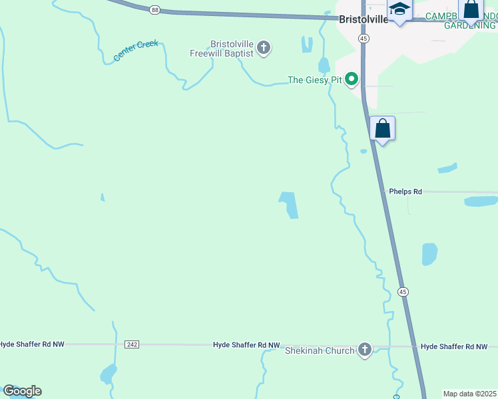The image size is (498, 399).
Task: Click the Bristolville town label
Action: (363, 19)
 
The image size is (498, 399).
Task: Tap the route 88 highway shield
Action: (154, 9)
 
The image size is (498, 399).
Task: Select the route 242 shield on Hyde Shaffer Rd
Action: (132, 344)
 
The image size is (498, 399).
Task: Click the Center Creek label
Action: (136, 51)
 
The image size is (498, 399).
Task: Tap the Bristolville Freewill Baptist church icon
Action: (264, 48)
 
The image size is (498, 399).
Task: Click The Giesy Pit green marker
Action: (351, 80)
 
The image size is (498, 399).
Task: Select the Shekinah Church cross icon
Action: (364, 350)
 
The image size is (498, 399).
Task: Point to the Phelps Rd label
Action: (405, 192)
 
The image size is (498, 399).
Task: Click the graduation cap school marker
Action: (399, 10)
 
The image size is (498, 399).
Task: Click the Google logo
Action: (22, 391)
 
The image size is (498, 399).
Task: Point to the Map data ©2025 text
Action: (470, 394)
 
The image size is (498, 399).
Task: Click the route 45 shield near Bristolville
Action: (363, 39)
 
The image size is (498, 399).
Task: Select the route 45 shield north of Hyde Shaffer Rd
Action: (403, 291)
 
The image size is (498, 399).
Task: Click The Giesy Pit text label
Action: (314, 80)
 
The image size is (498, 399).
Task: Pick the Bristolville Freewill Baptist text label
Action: (232, 49)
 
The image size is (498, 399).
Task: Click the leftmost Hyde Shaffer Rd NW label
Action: (31, 344)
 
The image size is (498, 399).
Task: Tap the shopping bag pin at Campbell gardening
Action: (471, 10)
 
